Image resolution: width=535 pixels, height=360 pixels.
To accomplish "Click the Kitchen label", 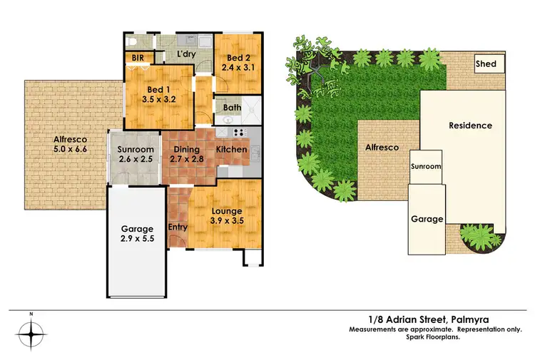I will point(231,150).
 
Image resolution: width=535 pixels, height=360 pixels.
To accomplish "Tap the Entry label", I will point(178,227).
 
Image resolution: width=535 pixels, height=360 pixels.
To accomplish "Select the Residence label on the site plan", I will point(470,125).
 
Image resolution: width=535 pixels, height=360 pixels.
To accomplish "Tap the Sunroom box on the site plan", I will point(425,167).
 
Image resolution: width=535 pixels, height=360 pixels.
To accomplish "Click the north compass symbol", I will point(32,333).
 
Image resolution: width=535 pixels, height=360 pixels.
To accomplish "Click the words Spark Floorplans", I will point(425,336).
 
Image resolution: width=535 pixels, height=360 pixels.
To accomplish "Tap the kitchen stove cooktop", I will point(238,132).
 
